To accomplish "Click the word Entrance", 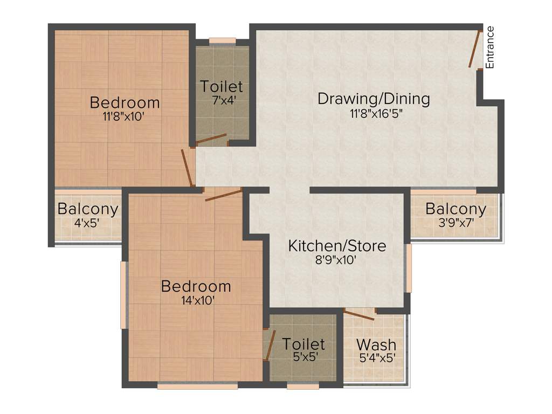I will (490, 47).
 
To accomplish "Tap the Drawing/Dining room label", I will (374, 99).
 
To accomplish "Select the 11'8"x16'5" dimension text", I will (376, 113).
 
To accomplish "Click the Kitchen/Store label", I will (337, 246).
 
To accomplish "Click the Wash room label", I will (376, 344).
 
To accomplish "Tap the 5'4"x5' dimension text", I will (378, 357).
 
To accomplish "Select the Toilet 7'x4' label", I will (222, 86).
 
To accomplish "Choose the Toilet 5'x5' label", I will (303, 344).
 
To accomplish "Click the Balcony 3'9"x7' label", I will (456, 209).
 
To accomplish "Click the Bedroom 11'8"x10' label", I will (125, 102).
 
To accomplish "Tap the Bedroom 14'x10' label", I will (196, 286).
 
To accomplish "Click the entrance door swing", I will (474, 49).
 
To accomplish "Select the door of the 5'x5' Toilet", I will (267, 345).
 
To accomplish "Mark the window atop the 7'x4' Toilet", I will (222, 40).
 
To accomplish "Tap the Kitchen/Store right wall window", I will (409, 268).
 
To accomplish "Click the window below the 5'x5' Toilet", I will (303, 386).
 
